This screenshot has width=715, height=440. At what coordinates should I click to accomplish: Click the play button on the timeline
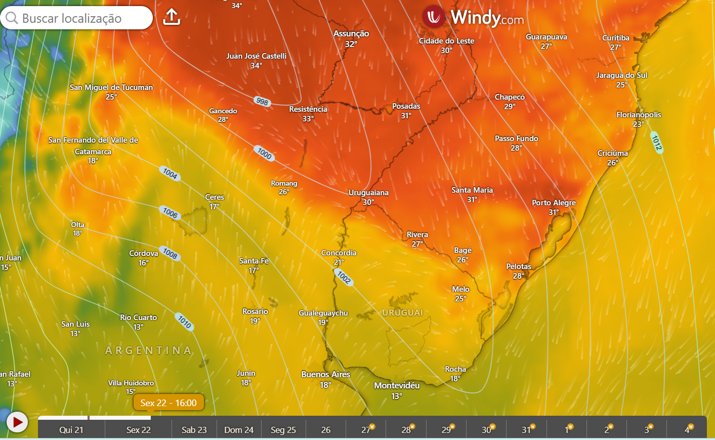(x=17, y=421)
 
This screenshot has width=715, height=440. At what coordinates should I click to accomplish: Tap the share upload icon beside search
(x=172, y=17)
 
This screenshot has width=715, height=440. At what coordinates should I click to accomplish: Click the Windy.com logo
(x=473, y=18)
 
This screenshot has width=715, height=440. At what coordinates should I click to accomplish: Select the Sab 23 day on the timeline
(x=194, y=430)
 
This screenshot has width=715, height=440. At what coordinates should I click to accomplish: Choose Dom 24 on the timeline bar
(x=239, y=430)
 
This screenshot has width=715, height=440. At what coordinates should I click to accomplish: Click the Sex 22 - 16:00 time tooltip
(x=169, y=403)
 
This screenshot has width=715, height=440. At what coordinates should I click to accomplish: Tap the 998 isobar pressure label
(x=262, y=101)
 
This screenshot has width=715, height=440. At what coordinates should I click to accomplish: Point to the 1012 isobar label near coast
(x=656, y=143)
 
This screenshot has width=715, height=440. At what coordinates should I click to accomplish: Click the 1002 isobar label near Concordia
(x=344, y=277)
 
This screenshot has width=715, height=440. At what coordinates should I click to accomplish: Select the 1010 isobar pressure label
(x=185, y=321)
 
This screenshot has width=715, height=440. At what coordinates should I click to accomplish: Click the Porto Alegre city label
(x=554, y=203)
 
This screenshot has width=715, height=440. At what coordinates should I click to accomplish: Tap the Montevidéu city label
(x=397, y=386)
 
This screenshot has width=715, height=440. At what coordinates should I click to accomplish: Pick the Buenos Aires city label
(x=325, y=375)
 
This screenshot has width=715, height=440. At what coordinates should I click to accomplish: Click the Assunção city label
(x=351, y=34)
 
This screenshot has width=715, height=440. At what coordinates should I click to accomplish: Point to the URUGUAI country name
(x=402, y=313)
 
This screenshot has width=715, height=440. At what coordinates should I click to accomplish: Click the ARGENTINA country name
(x=148, y=350)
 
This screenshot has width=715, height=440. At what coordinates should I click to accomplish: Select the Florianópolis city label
(x=639, y=115)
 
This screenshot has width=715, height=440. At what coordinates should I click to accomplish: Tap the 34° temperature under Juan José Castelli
(x=256, y=66)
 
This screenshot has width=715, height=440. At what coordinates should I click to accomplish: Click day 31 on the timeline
(x=526, y=430)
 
